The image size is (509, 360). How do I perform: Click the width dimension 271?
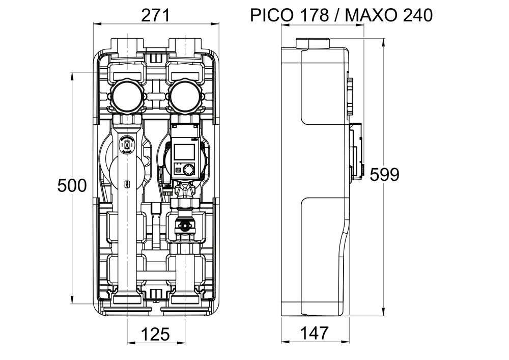155,16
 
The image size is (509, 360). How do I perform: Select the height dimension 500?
72,185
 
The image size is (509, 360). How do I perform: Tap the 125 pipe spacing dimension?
155,334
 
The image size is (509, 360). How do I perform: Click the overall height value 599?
384,175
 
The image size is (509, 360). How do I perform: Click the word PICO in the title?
271,15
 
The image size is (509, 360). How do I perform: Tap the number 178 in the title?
314,15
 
